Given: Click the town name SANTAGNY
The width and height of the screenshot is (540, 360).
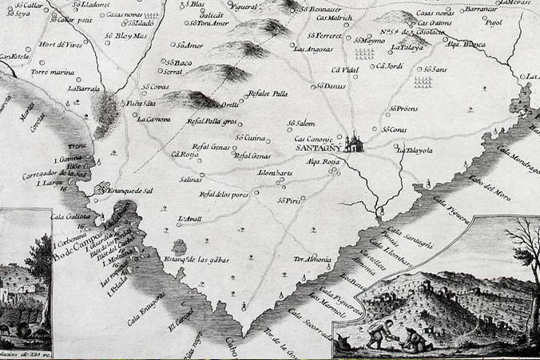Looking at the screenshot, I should (319, 148).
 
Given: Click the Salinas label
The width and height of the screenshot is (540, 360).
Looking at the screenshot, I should (190, 180).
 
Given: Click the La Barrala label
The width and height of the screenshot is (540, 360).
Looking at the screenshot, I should (83, 89).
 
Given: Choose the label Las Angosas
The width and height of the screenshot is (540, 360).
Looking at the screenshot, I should (313, 49).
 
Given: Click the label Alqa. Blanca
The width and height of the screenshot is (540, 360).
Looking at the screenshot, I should (468, 45).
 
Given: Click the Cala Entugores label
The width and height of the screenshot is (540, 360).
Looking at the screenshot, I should (146, 308).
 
